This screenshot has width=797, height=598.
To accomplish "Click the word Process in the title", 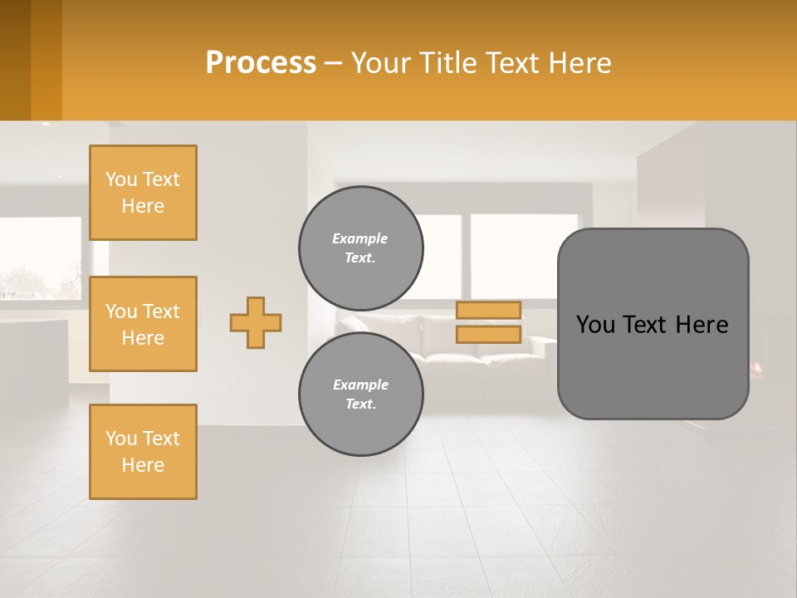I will point(261,62).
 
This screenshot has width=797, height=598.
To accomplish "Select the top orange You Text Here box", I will point(143,193).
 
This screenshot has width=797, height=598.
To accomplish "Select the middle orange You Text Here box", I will point(143,324).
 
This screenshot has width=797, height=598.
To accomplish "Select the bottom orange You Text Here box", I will point(143,451).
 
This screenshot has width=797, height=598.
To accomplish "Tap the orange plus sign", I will point(256,322).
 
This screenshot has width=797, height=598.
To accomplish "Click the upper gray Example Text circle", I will point(360,248).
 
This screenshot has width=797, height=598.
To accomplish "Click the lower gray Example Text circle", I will point(360,395).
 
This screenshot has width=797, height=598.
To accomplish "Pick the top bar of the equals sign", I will point(489,310).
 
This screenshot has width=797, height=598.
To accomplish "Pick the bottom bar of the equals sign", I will point(489,334).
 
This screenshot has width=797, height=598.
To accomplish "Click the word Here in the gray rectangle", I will point(702,325).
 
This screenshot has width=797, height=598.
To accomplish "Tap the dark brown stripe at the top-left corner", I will point(15,60).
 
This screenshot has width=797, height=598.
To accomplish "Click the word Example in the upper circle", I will point(359,238).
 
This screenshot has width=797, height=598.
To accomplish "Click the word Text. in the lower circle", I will point(360,404).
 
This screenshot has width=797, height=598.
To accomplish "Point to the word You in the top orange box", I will point(121,179).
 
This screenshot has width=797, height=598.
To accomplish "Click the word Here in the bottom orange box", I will point(143,465).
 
